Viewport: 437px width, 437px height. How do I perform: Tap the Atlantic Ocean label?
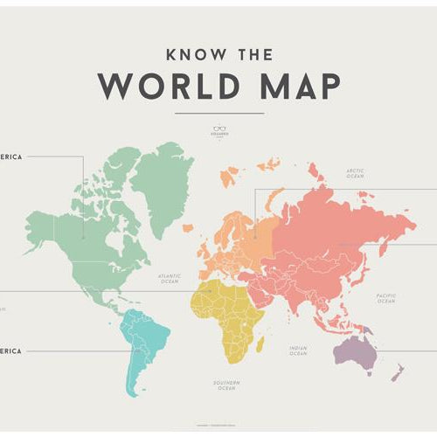pyautogui.click(x=169, y=278)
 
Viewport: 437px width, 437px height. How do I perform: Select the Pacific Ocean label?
pyautogui.click(x=386, y=298)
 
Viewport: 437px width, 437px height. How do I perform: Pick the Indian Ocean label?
pyautogui.click(x=298, y=350)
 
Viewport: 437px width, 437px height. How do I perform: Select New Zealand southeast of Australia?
pyautogui.click(x=399, y=372)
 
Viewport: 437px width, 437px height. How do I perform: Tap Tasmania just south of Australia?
pyautogui.click(x=366, y=373)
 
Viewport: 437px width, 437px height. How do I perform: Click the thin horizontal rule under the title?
pyautogui.click(x=218, y=114)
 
